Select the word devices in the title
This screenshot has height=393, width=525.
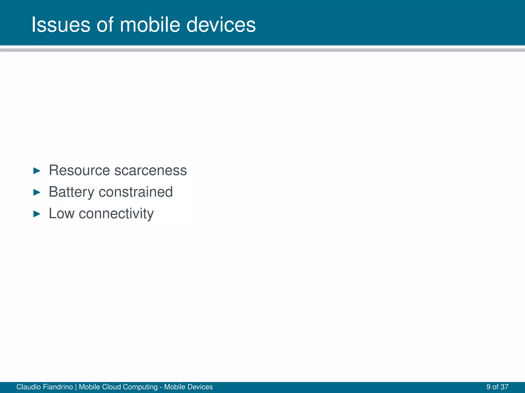tap(221, 25)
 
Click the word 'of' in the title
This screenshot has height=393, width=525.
tap(105, 25)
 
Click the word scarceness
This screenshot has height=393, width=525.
tap(150, 170)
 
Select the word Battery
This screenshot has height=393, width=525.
tap(72, 192)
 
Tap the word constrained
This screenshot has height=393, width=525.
tap(136, 192)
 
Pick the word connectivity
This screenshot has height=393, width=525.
tap(116, 214)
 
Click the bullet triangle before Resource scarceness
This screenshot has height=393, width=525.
tap(37, 171)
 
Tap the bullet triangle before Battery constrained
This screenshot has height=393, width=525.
tap(37, 192)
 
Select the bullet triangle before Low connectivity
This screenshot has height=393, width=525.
tap(37, 214)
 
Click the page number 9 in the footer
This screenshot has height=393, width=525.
tap(488, 387)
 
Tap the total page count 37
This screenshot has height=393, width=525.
tap(504, 387)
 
